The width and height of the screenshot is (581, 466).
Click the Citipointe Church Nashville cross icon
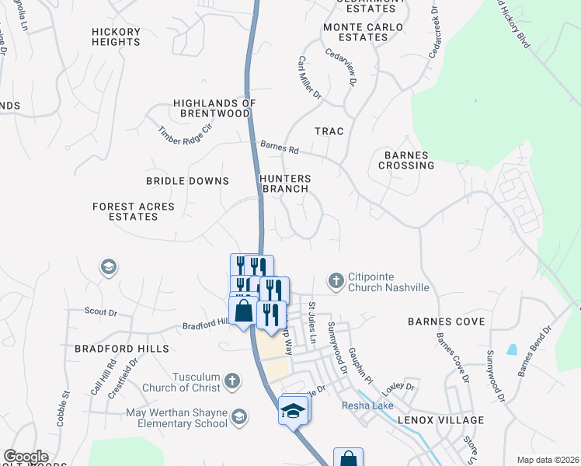336,280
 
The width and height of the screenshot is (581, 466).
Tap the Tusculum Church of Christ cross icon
231,381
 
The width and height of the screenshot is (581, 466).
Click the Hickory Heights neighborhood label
116,37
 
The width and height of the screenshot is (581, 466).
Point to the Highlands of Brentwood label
214,108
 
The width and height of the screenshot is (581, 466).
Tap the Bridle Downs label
188,181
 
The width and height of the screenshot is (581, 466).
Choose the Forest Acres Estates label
134,211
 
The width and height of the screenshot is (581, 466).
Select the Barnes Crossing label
406,160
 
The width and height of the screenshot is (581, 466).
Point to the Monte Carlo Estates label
364,32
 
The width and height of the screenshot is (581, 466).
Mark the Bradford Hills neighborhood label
111,349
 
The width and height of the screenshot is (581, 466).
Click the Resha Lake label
365,405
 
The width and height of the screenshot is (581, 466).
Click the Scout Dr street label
100,312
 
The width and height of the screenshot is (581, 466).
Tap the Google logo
25,457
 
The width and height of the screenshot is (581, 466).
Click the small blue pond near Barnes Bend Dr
512,349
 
